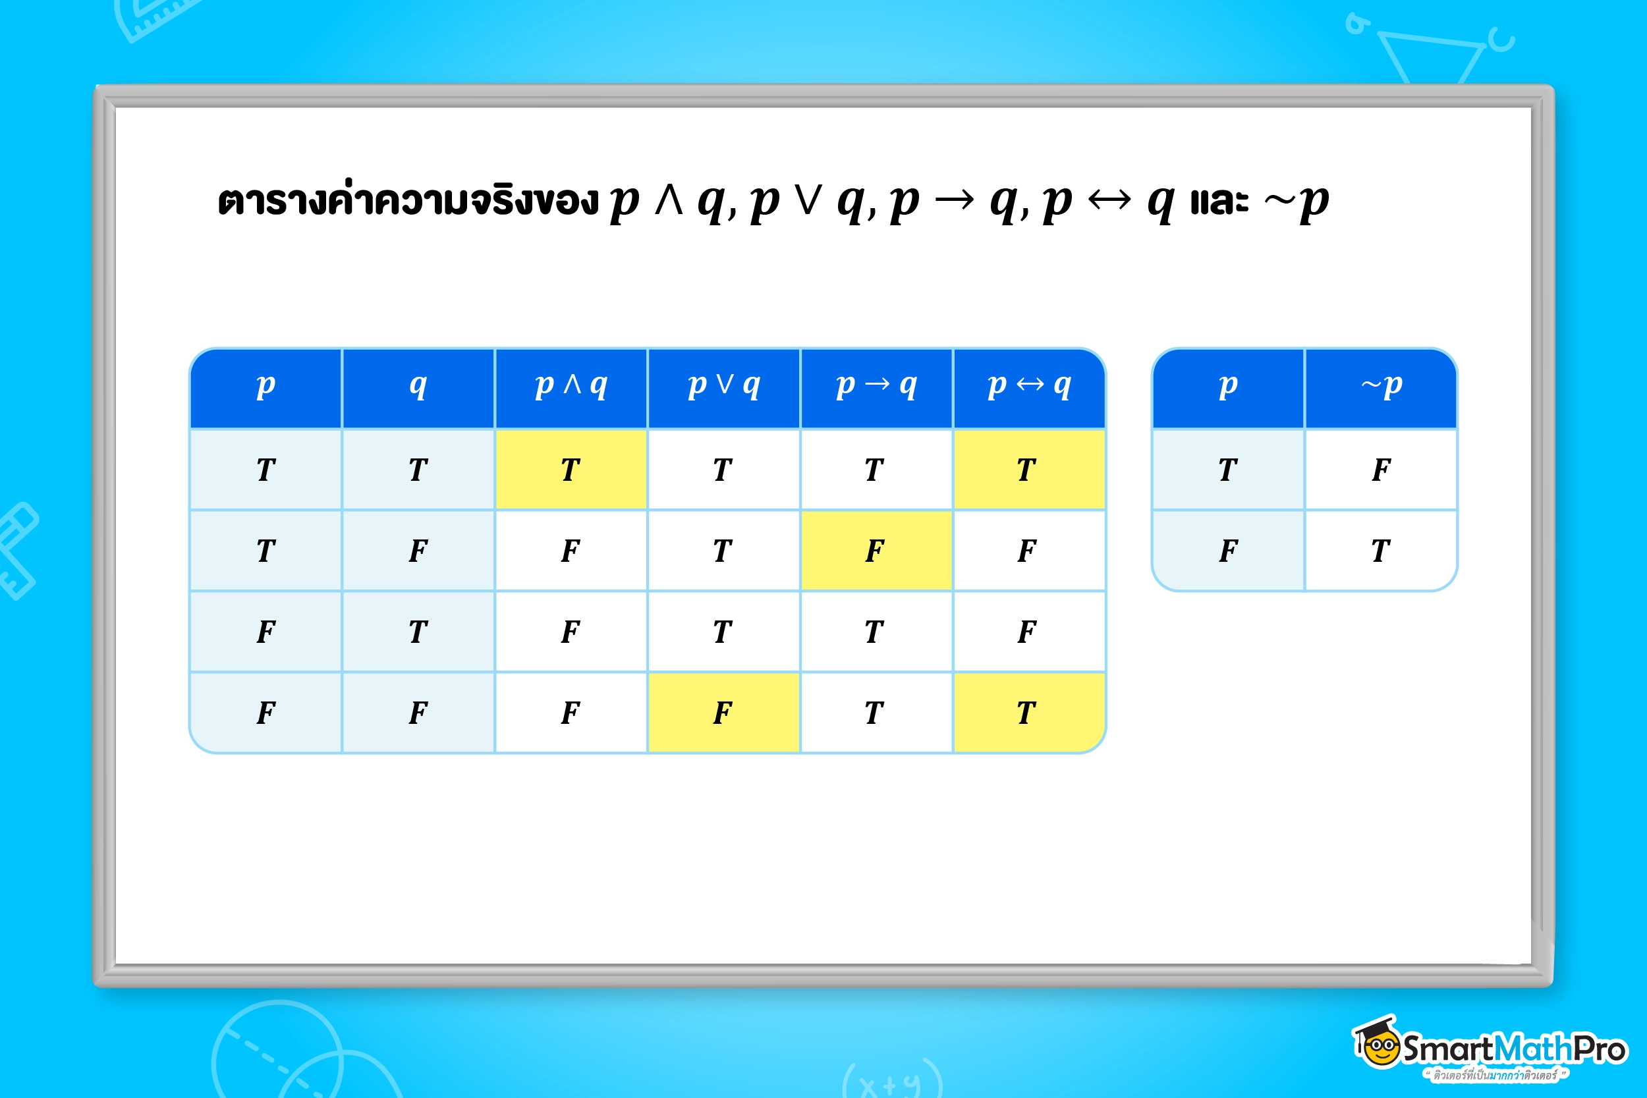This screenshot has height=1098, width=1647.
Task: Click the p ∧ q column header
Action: (571, 387)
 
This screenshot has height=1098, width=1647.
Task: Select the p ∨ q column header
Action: (723, 387)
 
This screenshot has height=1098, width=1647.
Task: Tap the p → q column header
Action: (876, 387)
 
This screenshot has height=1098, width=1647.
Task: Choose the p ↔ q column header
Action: (1028, 387)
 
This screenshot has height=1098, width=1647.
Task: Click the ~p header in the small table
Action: (1381, 387)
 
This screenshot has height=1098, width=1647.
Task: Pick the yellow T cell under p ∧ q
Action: (571, 469)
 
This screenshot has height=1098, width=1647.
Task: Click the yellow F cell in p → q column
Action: (876, 551)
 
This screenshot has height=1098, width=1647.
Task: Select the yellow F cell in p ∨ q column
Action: (723, 712)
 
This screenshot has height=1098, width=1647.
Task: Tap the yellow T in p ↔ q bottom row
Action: (1028, 712)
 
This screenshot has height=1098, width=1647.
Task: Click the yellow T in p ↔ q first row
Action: (1028, 469)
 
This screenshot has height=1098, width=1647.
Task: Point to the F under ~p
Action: (1381, 469)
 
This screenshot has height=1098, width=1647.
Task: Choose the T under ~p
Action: (1381, 551)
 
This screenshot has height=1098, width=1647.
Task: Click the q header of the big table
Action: (418, 387)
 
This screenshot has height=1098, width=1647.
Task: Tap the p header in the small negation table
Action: (1227, 387)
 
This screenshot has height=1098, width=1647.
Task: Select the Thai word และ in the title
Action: (1219, 202)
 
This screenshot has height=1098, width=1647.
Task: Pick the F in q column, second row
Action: (418, 551)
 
